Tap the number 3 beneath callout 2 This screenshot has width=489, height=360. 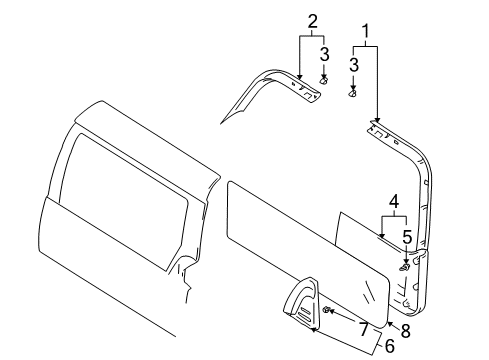(325, 53)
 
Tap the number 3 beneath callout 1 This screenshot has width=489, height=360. (353, 65)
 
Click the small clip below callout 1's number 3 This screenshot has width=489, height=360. (352, 93)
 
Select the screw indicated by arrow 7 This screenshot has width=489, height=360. (329, 313)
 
